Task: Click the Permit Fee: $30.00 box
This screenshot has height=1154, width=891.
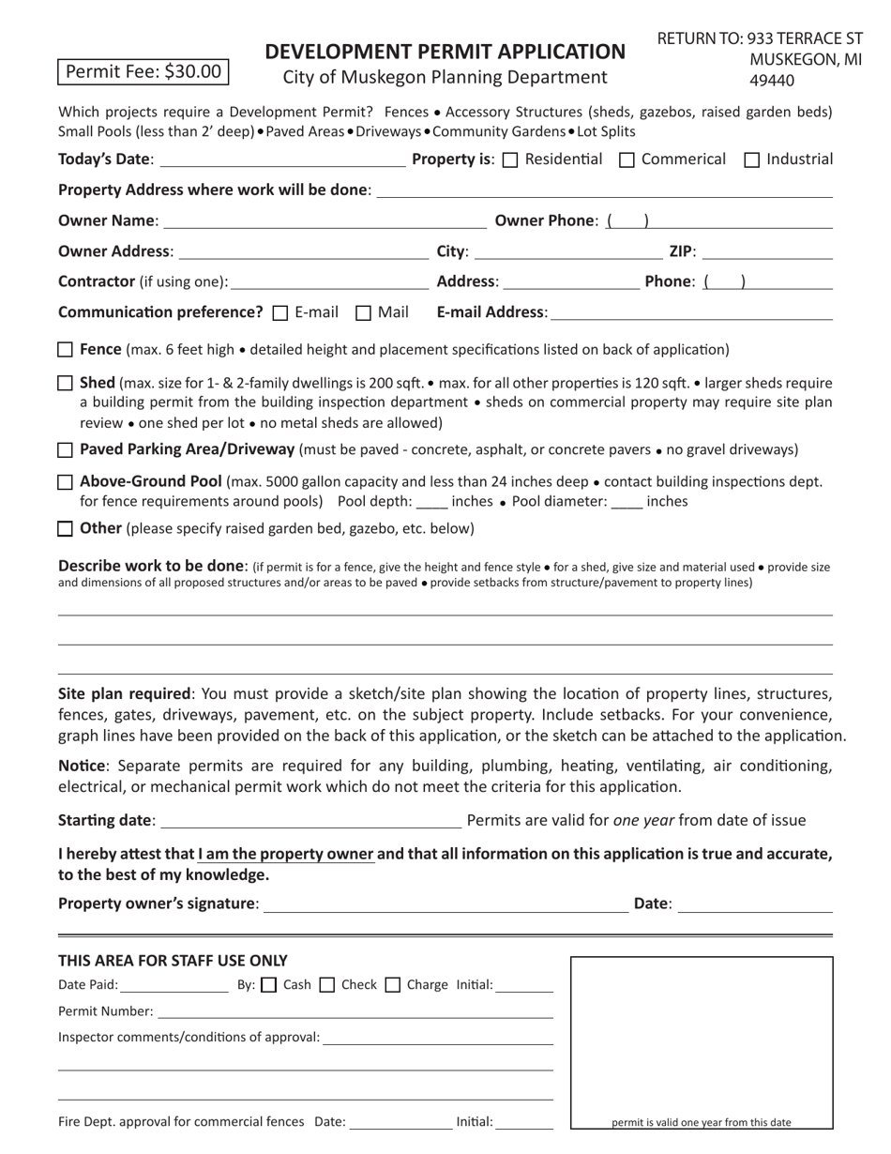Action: click(x=143, y=71)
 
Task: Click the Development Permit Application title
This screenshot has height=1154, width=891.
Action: click(x=445, y=52)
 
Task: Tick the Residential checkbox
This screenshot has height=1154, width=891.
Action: click(x=510, y=160)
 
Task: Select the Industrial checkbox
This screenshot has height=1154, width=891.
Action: click(x=751, y=160)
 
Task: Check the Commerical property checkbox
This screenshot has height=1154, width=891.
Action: click(x=627, y=160)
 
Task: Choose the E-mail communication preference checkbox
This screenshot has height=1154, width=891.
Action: click(x=279, y=313)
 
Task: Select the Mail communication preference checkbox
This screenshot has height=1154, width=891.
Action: click(x=364, y=313)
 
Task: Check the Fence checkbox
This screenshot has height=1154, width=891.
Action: click(x=66, y=350)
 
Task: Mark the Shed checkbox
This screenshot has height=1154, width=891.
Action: click(x=66, y=383)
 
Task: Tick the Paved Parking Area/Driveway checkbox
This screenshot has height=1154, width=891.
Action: click(x=66, y=450)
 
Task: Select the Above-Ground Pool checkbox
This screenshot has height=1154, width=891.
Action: click(x=66, y=482)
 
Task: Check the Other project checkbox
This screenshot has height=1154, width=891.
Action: click(x=66, y=528)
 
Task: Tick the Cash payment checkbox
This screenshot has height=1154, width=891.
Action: click(x=268, y=985)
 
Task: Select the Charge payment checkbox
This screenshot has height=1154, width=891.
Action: click(x=393, y=985)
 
